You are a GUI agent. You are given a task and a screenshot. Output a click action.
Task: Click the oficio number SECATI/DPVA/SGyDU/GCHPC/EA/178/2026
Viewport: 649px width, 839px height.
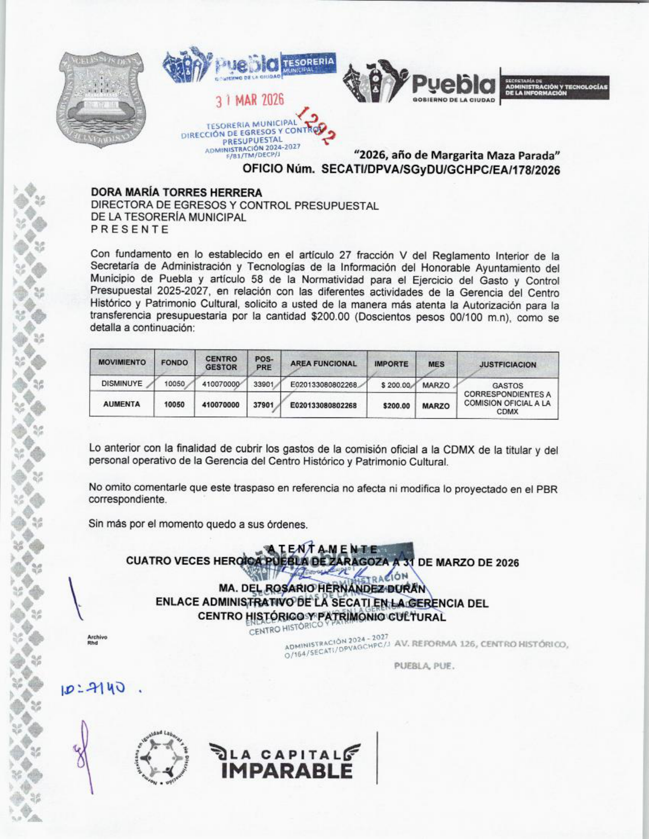pos(441,170)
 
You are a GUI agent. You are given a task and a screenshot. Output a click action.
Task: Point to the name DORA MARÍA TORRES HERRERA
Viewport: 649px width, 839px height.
pos(177,193)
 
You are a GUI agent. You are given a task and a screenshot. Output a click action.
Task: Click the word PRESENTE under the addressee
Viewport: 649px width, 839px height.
pos(129,229)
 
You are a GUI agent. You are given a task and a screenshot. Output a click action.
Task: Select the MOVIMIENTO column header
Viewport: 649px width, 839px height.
pos(122,363)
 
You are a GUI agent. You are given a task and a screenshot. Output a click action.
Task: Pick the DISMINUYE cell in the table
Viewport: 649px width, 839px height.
pos(122,384)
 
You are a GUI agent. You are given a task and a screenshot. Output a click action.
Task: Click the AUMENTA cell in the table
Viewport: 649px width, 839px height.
pos(122,404)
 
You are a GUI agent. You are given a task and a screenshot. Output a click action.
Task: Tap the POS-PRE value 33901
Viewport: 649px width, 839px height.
pos(264,384)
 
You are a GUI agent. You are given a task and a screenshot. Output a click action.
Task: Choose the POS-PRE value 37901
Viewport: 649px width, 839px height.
pos(264,405)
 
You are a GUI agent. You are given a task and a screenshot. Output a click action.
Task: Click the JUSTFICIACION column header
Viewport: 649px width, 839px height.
pos(507,365)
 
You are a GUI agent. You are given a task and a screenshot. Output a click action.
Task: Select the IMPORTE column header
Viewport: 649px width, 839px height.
pos(391,364)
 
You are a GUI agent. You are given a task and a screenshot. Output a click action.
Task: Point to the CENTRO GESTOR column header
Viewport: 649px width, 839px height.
pos(221,363)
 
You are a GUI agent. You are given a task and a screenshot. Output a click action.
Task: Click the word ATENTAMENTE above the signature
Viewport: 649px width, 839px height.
pos(323,549)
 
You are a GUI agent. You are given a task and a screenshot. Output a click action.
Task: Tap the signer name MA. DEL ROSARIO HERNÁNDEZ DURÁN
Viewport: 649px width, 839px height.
pos(322,588)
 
